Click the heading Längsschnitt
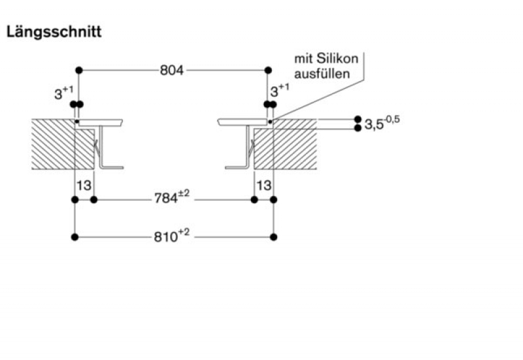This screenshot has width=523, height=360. [x=54, y=32]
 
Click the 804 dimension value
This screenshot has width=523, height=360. [x=172, y=70]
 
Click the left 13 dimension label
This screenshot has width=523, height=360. [x=84, y=186]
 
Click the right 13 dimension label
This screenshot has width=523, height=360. [x=263, y=186]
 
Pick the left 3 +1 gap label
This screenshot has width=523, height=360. [x=63, y=93]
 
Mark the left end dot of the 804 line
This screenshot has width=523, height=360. [x=78, y=70]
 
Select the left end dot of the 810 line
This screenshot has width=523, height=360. [x=75, y=236]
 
